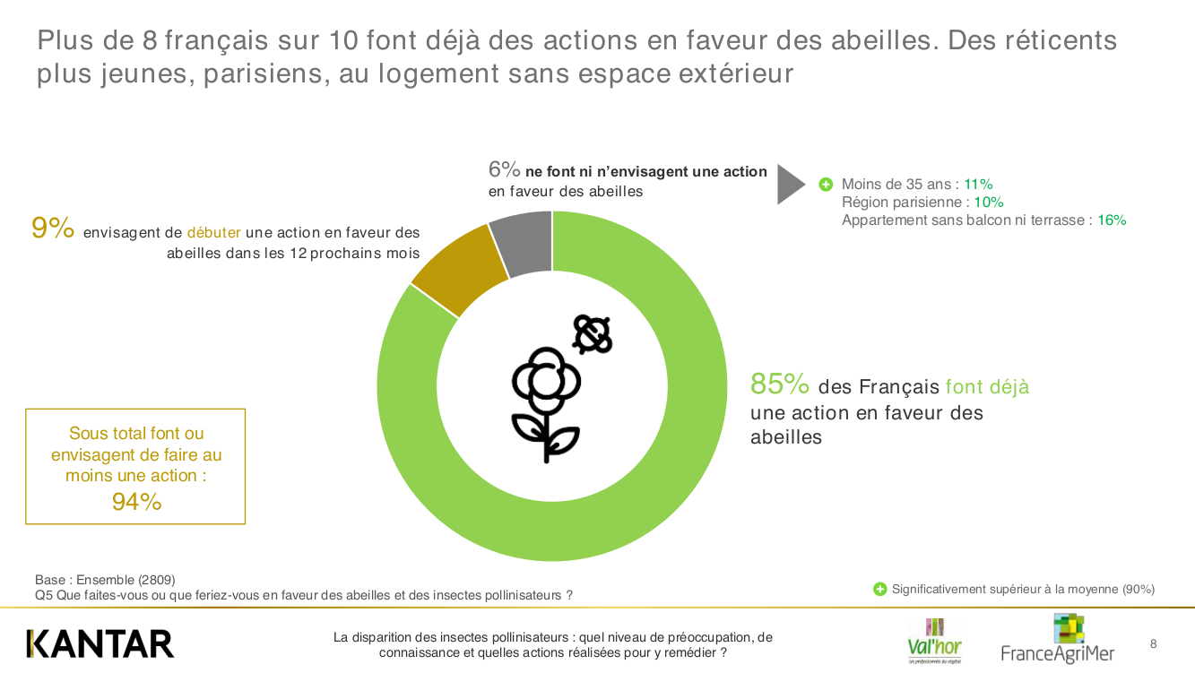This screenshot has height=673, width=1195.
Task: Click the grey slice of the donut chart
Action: pos(530,243)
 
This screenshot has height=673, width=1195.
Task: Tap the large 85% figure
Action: pos(780,384)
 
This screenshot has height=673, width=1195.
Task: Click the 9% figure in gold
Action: pos(52,229)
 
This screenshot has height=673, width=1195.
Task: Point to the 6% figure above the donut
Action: pos(504,169)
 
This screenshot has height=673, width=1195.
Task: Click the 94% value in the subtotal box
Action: pos(136,502)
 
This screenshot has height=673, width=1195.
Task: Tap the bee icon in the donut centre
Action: pos(592,334)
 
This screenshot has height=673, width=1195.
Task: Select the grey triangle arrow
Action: pos(790,184)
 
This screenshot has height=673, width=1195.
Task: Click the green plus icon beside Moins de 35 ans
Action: pos(826,184)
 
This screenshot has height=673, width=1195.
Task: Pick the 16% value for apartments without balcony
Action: pos(1112,220)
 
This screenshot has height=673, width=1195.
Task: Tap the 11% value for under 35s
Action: pos(978,184)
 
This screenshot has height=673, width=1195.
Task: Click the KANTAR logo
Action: pos(100,643)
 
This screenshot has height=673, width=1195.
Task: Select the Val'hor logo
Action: pos(934,640)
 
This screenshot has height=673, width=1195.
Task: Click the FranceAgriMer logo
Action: pos(1058,640)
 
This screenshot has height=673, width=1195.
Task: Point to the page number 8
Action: pos(1153,643)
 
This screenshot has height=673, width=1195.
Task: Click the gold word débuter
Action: pos(213,232)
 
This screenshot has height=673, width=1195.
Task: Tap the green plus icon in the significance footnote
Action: pos(879,589)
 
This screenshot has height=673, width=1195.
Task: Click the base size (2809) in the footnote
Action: pos(156,580)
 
